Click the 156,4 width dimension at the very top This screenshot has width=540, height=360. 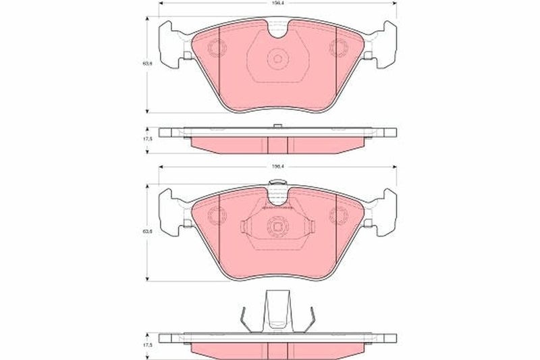point(277,4)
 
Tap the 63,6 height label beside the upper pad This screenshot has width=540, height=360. point(146,63)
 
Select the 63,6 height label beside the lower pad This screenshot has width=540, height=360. point(146,232)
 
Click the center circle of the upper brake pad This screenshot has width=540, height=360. point(277,59)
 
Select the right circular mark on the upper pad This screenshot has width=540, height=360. point(337,48)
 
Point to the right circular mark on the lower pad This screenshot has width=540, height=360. point(337,216)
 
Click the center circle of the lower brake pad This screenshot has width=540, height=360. point(277,227)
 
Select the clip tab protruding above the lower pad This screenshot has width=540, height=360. point(277,183)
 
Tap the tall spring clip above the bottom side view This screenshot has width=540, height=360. point(277,311)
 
